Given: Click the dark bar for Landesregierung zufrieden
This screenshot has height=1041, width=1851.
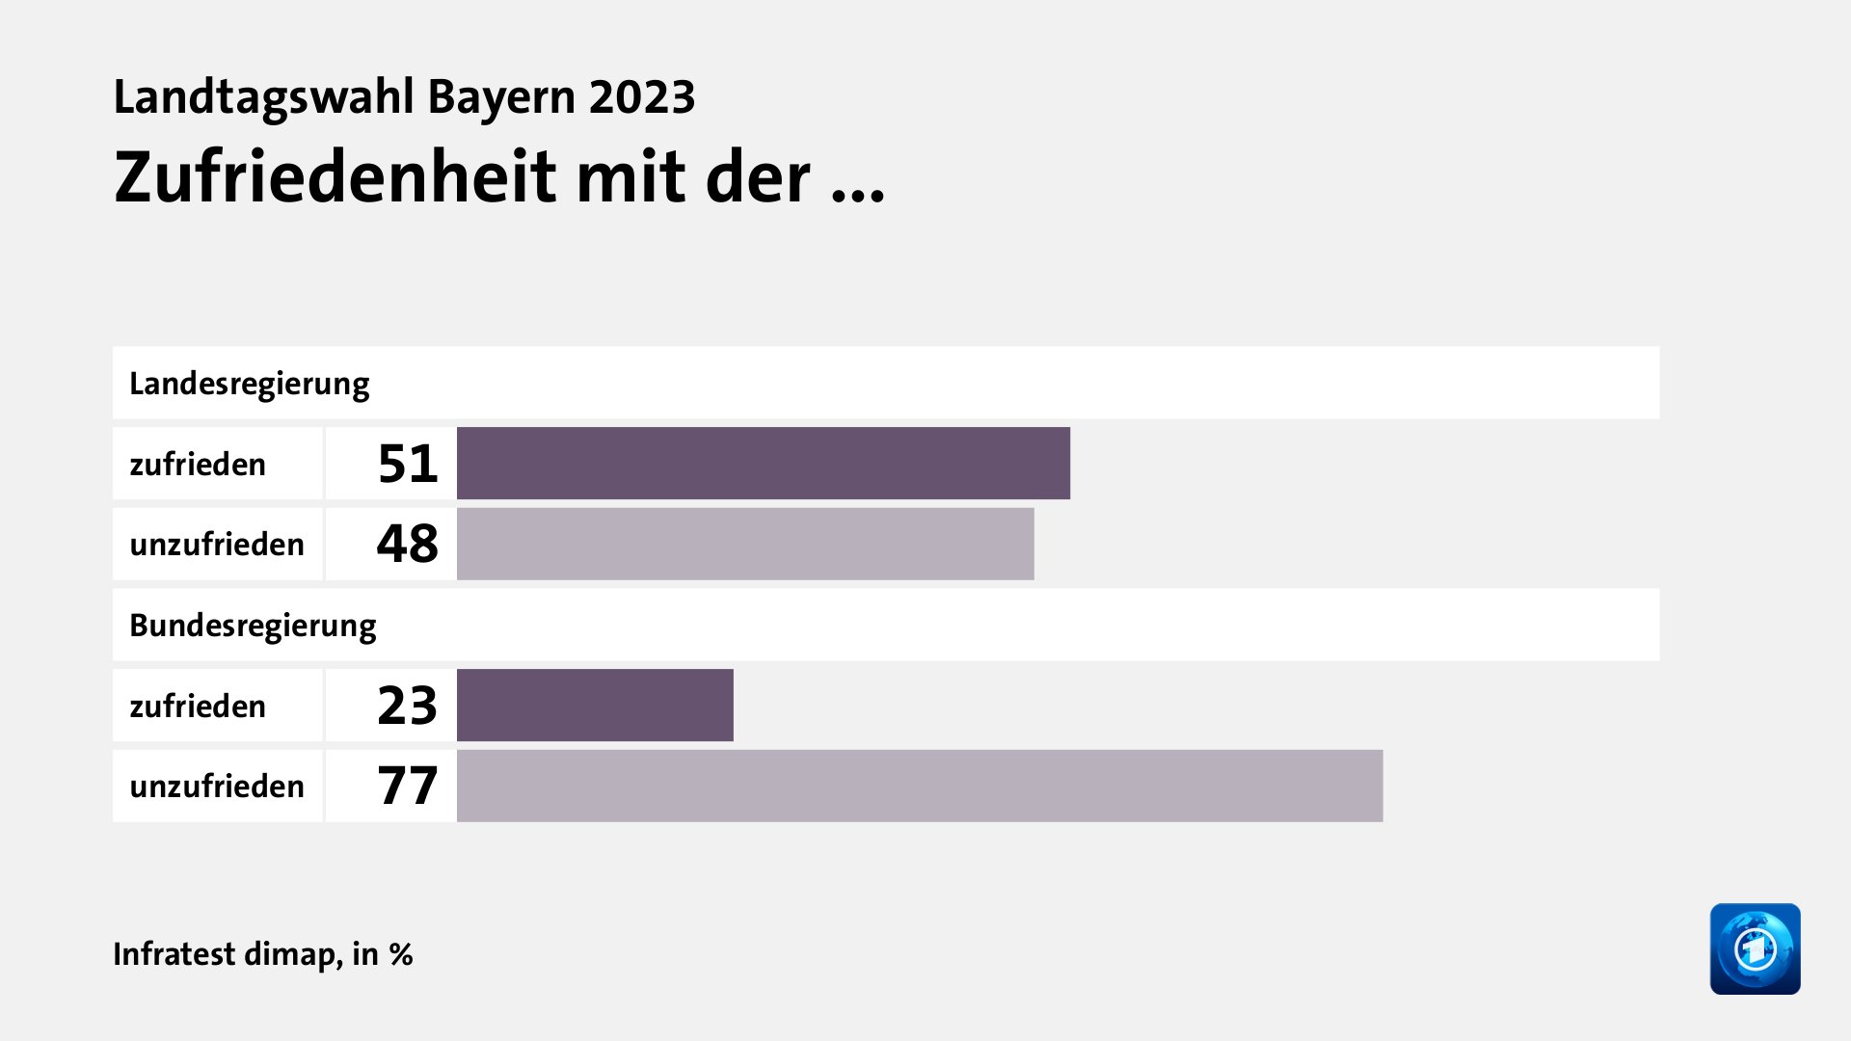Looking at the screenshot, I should (763, 463).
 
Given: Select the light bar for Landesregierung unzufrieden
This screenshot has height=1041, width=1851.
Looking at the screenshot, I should (744, 544).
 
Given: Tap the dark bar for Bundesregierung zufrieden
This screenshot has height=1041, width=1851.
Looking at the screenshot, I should (595, 705).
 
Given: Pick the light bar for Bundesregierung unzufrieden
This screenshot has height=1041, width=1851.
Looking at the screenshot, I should (919, 786).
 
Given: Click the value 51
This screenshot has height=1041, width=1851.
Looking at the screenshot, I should (408, 464).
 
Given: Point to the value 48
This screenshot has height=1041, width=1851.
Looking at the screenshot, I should (408, 544).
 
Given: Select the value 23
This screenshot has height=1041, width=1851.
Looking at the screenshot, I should (408, 706).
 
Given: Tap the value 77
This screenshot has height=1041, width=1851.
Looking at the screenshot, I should (408, 786).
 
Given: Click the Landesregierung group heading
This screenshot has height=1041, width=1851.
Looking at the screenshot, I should (250, 384).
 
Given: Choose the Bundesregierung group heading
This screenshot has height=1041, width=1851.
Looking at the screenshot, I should (253, 626).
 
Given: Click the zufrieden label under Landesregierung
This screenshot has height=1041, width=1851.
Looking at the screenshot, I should (198, 465).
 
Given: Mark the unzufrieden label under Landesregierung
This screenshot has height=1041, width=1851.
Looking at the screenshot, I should (217, 545).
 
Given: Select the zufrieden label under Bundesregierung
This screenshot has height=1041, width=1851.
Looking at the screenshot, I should (198, 707).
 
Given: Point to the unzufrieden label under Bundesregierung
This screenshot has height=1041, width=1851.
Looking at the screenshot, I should (217, 787).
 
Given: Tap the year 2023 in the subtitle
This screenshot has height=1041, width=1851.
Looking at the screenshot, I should (642, 97).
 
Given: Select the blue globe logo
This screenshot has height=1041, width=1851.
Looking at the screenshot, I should (1755, 948).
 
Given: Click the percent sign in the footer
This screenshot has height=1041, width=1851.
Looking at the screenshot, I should (401, 954).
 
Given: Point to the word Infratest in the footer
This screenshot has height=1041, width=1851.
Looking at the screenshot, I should (174, 954).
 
